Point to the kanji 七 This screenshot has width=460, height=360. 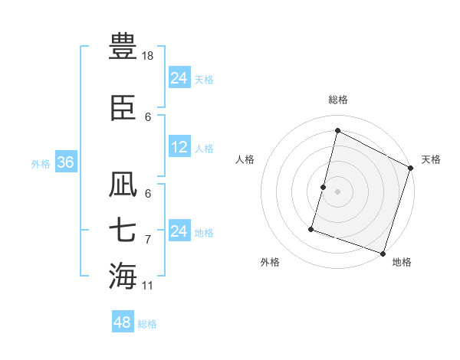pos(123,231)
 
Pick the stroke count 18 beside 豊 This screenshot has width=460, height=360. pos(149,57)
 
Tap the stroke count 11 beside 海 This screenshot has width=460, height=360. pos(148,286)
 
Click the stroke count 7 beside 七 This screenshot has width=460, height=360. pos(148,240)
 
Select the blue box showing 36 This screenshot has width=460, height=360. pos(65,163)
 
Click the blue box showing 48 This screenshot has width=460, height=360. pos(123,323)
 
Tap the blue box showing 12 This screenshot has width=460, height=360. pos(179,148)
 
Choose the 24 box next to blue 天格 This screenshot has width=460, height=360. pos(179,78)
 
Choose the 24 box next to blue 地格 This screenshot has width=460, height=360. pos(179,231)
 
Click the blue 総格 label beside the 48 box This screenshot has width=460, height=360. pos(147,324)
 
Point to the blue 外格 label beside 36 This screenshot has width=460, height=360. pos(41,164)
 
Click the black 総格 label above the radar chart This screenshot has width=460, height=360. pos(338,100)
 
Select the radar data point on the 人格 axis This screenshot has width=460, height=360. pos(324,187)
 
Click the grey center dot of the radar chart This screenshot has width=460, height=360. pos(338,191)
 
